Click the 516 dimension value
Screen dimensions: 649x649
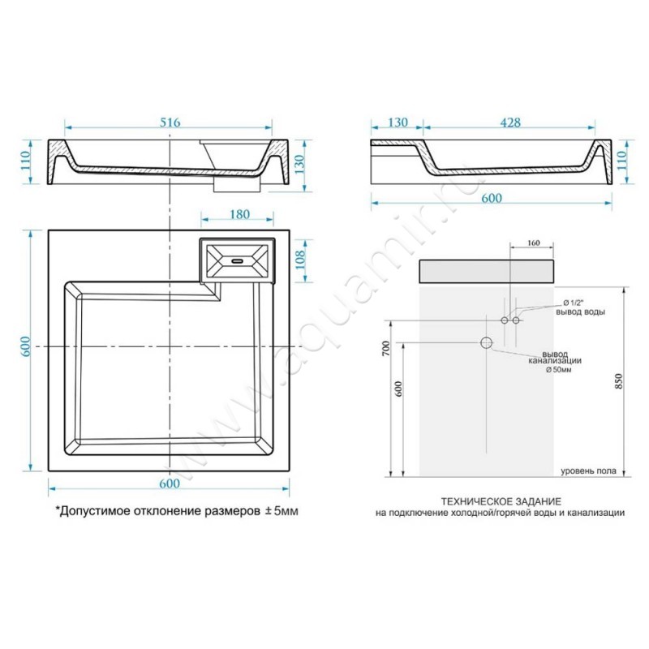[x=170, y=122]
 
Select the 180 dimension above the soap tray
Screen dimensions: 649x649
[x=240, y=214]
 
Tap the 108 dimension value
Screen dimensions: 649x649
[x=300, y=260]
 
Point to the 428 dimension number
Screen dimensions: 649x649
[x=510, y=122]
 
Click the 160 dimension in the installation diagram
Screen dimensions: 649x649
[x=534, y=243]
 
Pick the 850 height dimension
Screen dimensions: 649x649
[x=618, y=380]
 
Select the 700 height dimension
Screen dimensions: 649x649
[x=386, y=349]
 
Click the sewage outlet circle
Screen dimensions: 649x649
[x=486, y=342]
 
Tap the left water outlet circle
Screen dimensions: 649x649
[x=504, y=320]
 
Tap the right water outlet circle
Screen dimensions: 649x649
[x=516, y=320]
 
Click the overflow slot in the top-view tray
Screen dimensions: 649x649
[x=238, y=261]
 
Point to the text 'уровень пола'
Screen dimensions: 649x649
[x=588, y=471]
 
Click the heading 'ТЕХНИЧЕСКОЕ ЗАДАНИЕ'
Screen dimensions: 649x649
[x=501, y=501]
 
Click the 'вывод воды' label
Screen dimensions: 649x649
[x=580, y=312]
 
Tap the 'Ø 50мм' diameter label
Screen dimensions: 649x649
[x=558, y=370]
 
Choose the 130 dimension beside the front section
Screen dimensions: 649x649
[x=299, y=165]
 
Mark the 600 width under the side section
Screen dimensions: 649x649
[x=492, y=198]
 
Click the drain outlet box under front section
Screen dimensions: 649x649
[x=237, y=184]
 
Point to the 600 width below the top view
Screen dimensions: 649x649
[x=170, y=484]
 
